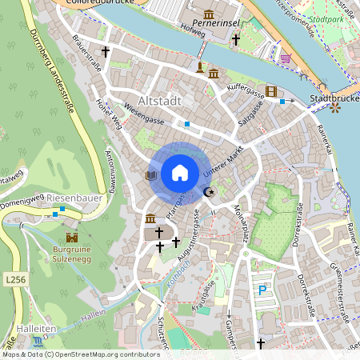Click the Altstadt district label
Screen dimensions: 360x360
(160, 102)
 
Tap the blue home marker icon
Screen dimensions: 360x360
(179, 172)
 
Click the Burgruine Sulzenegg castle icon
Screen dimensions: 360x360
(72, 238)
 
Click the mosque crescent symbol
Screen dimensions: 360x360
(210, 191)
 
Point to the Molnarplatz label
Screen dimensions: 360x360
(238, 224)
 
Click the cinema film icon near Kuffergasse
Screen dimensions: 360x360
(272, 91)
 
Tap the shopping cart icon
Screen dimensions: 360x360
(285, 58)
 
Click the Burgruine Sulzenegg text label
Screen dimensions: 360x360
(72, 254)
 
